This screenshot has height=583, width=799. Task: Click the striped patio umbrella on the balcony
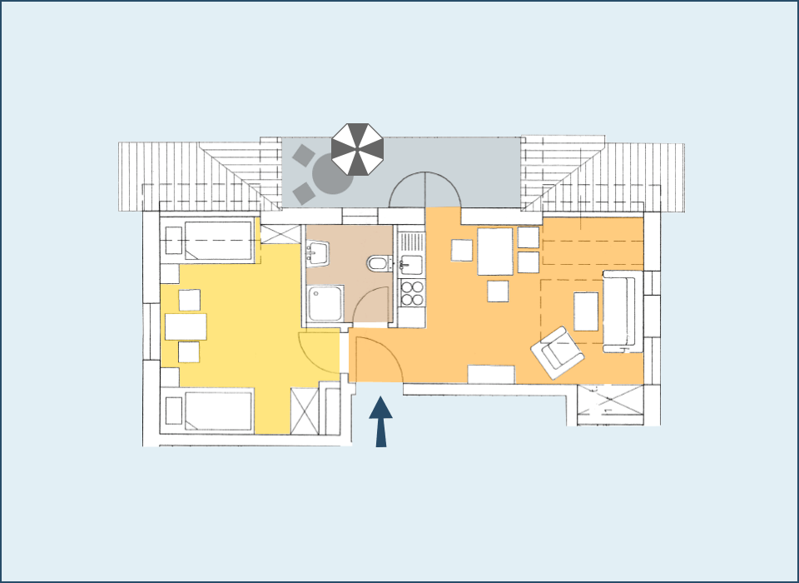point(358,149)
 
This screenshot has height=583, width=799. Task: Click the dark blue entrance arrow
point(381,421)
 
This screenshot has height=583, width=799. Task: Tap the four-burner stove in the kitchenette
point(412,293)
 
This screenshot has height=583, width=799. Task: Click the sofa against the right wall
point(620,311)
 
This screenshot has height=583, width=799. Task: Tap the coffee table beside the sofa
point(586,311)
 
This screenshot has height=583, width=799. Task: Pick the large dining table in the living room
point(495,252)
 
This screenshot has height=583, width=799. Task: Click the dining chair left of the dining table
point(463,251)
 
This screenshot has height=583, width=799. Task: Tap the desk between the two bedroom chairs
point(186,326)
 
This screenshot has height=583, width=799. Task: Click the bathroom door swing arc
point(371,304)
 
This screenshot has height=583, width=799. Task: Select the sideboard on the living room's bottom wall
point(491,374)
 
